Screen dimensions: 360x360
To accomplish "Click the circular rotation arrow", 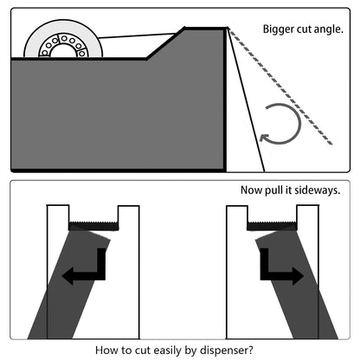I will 281,124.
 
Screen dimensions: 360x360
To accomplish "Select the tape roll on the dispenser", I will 60,43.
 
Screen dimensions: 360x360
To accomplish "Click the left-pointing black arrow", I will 87,270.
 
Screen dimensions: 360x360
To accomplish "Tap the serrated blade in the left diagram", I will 93,226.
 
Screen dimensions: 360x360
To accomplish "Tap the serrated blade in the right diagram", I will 272,226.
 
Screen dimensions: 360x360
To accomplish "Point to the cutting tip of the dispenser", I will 227,29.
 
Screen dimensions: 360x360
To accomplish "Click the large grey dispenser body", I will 112,112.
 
